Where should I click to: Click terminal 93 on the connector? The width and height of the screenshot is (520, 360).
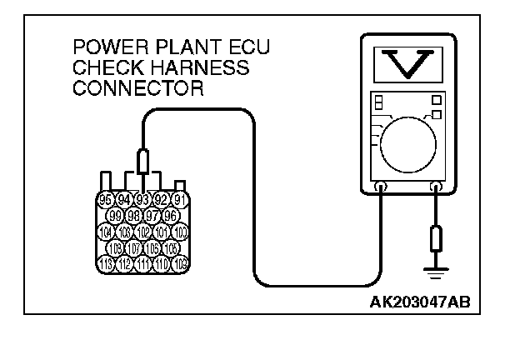[142, 200]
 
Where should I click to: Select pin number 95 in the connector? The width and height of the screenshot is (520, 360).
[106, 200]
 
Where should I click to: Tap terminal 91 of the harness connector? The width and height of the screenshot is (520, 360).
[178, 200]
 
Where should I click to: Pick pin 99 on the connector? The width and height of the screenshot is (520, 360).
[116, 216]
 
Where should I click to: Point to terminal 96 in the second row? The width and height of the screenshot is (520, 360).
[171, 216]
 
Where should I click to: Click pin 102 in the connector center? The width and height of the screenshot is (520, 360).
[142, 232]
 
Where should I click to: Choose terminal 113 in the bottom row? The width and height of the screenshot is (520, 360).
[106, 264]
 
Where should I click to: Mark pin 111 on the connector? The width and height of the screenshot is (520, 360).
[142, 264]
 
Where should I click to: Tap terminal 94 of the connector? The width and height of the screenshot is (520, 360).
[124, 200]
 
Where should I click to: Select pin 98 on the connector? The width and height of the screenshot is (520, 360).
[134, 216]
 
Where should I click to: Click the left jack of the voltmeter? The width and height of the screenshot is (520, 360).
[381, 188]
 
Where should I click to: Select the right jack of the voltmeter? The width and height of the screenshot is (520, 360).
[435, 188]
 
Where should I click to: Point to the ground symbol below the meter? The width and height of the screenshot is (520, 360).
[435, 270]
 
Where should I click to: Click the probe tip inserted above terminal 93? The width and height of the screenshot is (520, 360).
[142, 163]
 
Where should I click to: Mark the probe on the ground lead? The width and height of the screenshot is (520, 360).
[435, 240]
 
